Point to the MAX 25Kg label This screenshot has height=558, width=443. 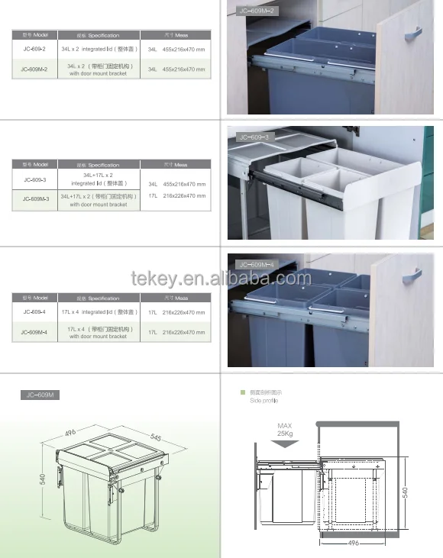click(285, 431)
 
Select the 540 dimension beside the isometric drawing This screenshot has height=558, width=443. click(44, 479)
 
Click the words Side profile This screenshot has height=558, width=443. click(264, 401)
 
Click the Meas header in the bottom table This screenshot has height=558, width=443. click(176, 298)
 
